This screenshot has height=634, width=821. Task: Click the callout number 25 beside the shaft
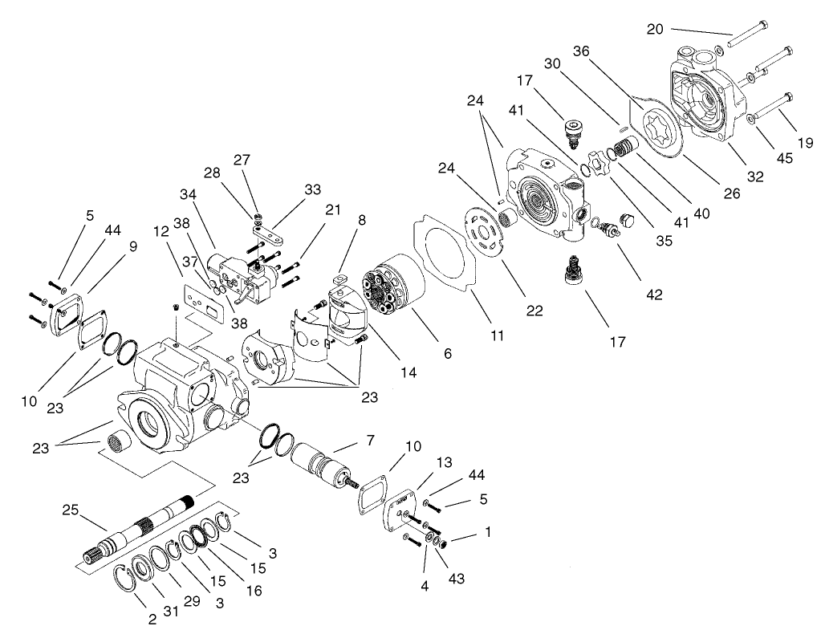[x=69, y=510]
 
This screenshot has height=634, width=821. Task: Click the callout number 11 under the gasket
[x=497, y=336]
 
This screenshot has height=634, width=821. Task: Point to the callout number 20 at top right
[x=656, y=29]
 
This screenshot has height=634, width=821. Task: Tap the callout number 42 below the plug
[x=654, y=295]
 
